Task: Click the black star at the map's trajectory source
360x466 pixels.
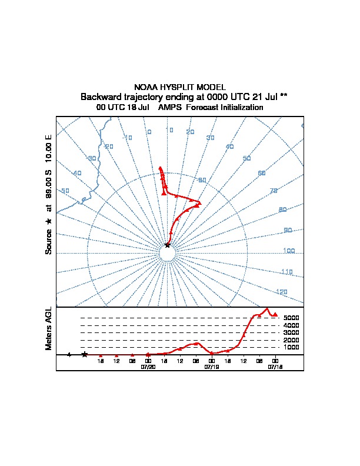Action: pos(168,245)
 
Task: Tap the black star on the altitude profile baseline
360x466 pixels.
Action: pos(85,354)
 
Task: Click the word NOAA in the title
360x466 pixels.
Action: pos(145,87)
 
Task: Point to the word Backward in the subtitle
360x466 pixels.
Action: pos(99,96)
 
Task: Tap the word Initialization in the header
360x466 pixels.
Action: pos(240,108)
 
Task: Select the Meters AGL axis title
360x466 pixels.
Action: pos(49,329)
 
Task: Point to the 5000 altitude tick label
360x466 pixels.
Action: pos(291,318)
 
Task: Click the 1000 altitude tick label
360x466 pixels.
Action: pos(291,347)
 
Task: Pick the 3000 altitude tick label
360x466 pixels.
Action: pos(291,332)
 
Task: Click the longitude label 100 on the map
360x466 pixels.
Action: pos(288,251)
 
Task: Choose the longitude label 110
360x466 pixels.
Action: pos(286,272)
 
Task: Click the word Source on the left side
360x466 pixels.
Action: pos(49,241)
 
